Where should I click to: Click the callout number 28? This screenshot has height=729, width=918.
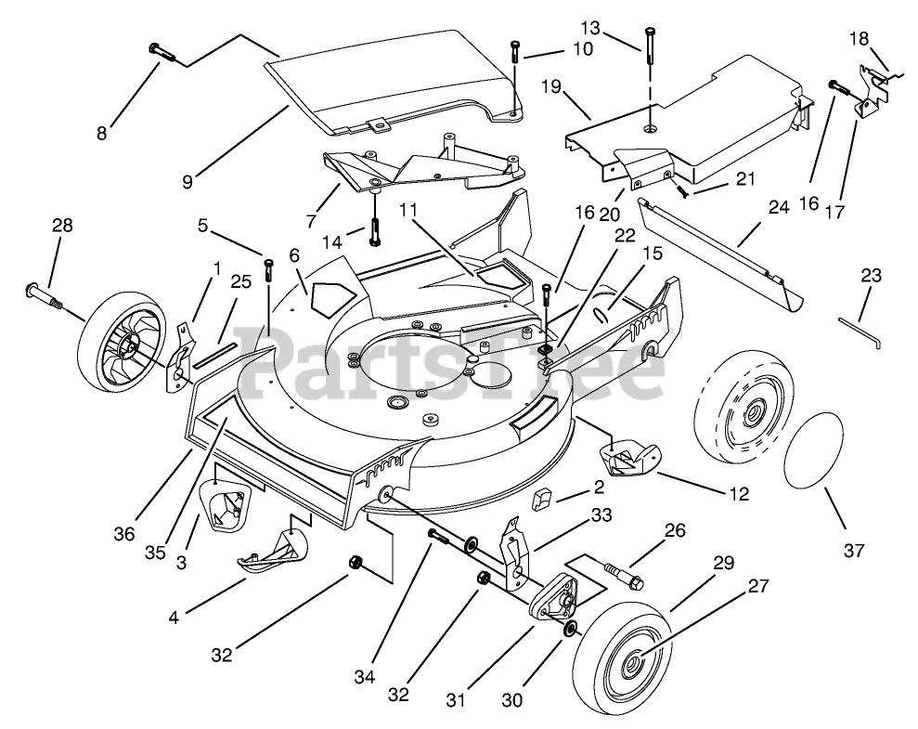[62, 225]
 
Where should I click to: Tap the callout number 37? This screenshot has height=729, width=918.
[854, 550]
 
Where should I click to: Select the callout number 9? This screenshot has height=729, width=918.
[187, 181]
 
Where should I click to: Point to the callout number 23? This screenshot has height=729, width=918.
[872, 275]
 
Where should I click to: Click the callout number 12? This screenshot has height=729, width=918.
[740, 494]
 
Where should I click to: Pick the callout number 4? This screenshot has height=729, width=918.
[174, 617]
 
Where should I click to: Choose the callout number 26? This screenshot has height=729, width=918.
[675, 530]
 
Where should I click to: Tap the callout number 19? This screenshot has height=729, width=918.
[551, 86]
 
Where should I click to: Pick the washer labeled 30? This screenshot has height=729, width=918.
[569, 630]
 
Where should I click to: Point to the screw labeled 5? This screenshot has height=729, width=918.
[269, 269]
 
